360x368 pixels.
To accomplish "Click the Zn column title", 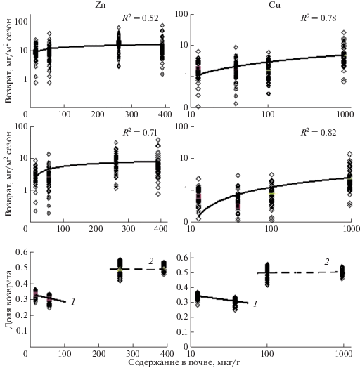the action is (x=100, y=5).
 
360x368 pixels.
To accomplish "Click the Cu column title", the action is (x=274, y=5).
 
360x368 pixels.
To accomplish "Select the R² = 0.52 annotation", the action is (x=141, y=18).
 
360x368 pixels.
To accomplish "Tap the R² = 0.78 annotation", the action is (x=319, y=18).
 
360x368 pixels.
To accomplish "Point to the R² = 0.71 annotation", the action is (x=140, y=133).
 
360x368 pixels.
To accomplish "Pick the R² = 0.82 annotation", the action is (x=319, y=133).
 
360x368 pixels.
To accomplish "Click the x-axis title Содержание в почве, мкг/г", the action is (x=184, y=362).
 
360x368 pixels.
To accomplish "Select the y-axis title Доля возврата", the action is (x=8, y=299).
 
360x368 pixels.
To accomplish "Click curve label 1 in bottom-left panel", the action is (x=73, y=302).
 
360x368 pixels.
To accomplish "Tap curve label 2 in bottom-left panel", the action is (x=151, y=261).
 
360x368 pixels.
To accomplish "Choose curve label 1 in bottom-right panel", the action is (x=255, y=304).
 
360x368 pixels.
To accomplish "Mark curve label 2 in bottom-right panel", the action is (x=327, y=262).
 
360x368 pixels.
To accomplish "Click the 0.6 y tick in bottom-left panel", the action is (x=21, y=252).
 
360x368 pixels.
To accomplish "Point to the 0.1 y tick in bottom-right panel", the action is (x=182, y=332).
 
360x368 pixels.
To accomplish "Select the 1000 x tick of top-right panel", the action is (x=345, y=114).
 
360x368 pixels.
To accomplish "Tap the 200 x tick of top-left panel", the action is (x=98, y=114).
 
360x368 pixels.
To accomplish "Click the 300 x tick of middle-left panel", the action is (x=128, y=228).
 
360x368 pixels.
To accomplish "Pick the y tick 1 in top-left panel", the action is (x=25, y=79).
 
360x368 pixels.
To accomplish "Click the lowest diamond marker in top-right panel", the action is (x=198, y=107).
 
